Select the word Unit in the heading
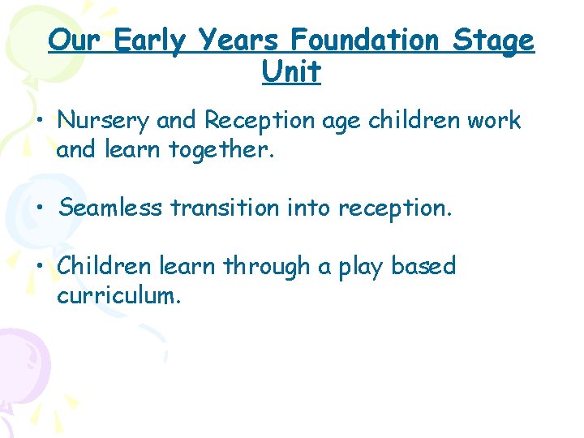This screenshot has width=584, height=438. pyautogui.click(x=291, y=72)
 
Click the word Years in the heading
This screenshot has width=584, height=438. pyautogui.click(x=239, y=40)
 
